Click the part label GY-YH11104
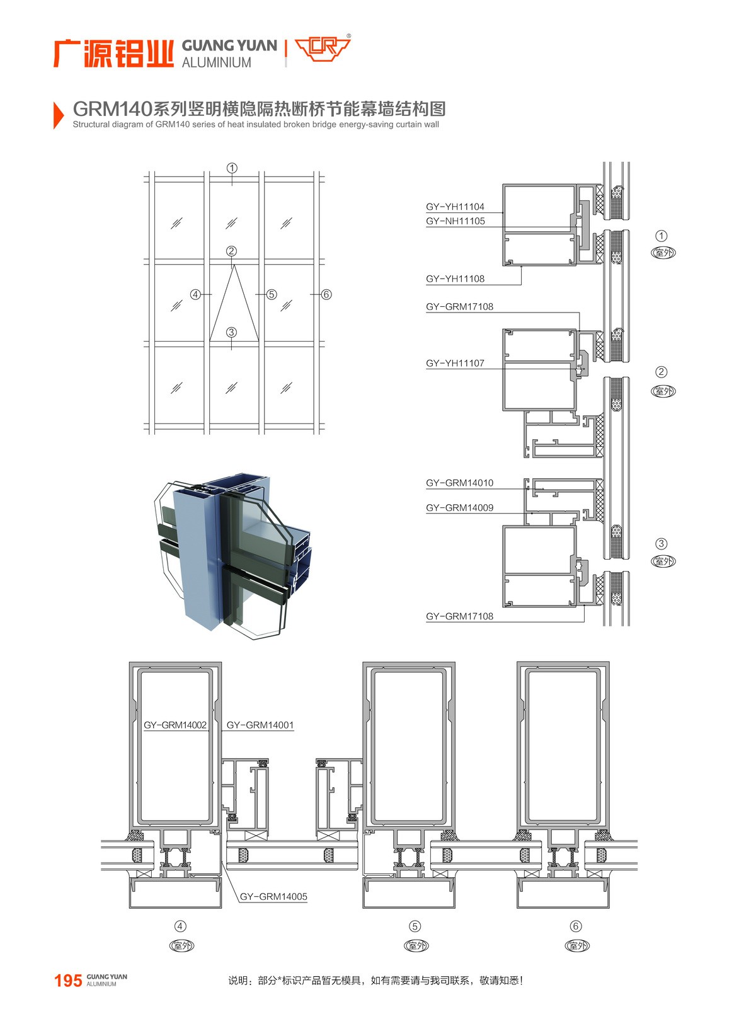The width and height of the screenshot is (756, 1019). click(x=455, y=207)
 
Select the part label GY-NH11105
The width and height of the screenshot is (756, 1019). click(x=455, y=221)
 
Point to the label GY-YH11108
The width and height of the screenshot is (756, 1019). click(x=455, y=279)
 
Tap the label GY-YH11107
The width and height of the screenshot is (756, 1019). click(x=455, y=363)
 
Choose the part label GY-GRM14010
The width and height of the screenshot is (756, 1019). click(x=459, y=483)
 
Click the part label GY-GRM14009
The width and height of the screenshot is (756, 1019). click(x=459, y=508)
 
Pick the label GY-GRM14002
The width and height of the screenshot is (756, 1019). click(x=175, y=725)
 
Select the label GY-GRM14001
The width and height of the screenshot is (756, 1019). click(x=260, y=725)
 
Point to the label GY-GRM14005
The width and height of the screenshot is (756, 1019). click(x=273, y=896)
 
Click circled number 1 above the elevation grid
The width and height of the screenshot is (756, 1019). click(x=232, y=168)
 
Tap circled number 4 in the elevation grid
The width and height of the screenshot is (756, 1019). click(x=196, y=294)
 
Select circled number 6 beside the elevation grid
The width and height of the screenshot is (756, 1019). click(x=326, y=294)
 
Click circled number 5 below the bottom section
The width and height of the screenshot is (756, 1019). click(x=415, y=926)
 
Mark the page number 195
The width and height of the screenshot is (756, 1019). click(x=68, y=981)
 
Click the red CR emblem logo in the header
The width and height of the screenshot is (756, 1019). click(x=323, y=48)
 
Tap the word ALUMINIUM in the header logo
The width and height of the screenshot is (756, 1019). click(x=216, y=62)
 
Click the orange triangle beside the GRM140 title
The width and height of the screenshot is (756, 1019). click(x=59, y=115)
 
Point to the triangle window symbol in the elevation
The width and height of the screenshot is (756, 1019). click(x=234, y=302)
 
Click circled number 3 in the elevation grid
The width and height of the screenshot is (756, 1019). click(x=231, y=331)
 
